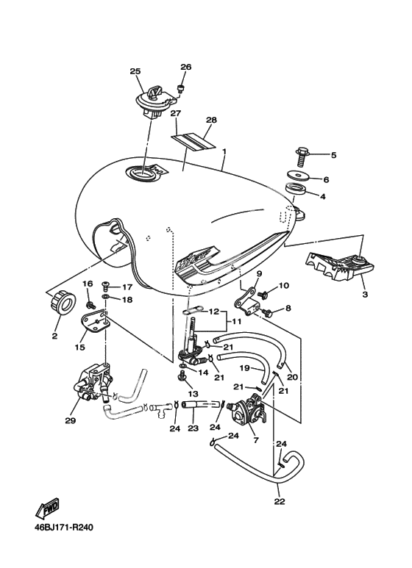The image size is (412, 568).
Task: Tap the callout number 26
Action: coord(186,67)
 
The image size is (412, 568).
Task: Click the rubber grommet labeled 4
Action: coord(296,190)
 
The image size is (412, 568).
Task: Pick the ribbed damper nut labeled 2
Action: coord(63,302)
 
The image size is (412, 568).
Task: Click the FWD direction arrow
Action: coord(47,508)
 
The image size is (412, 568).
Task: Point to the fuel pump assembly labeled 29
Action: coord(93,386)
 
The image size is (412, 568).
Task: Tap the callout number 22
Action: coord(280,501)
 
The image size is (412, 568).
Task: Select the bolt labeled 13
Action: coord(182,378)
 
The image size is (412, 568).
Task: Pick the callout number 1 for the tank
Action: coord(224,151)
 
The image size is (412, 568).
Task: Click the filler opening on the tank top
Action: coord(143,173)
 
